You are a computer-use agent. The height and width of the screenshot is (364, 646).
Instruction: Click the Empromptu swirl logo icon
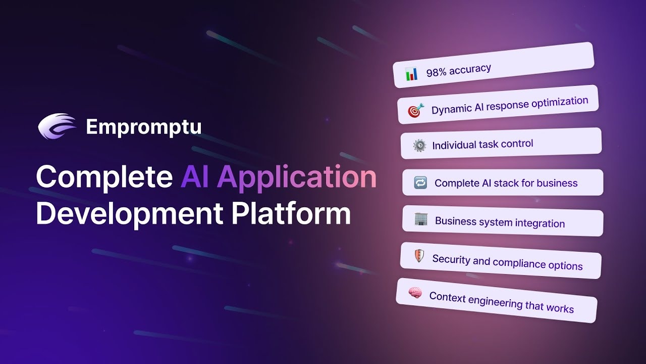pyautogui.click(x=57, y=126)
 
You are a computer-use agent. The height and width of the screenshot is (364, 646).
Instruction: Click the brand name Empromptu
pyautogui.click(x=144, y=127)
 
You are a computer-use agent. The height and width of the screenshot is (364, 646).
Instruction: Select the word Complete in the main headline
pyautogui.click(x=104, y=177)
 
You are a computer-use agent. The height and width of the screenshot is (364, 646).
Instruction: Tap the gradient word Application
pyautogui.click(x=297, y=177)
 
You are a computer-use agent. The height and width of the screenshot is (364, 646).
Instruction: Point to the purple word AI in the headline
pyautogui.click(x=194, y=176)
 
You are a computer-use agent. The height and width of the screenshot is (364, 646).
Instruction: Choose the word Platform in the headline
pyautogui.click(x=291, y=213)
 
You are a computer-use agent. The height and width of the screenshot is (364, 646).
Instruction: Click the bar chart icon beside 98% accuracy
pyautogui.click(x=411, y=74)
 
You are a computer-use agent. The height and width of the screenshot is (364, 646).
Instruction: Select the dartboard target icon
pyautogui.click(x=416, y=110)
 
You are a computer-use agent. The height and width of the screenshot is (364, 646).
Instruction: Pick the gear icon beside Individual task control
pyautogui.click(x=419, y=145)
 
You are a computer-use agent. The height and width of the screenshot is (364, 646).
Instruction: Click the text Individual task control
pyautogui.click(x=482, y=144)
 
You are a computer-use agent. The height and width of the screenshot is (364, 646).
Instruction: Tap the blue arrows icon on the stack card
pyautogui.click(x=420, y=183)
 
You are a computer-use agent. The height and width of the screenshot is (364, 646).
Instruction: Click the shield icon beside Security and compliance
pyautogui.click(x=419, y=256)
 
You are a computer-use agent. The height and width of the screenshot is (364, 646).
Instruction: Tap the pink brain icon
pyautogui.click(x=415, y=293)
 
